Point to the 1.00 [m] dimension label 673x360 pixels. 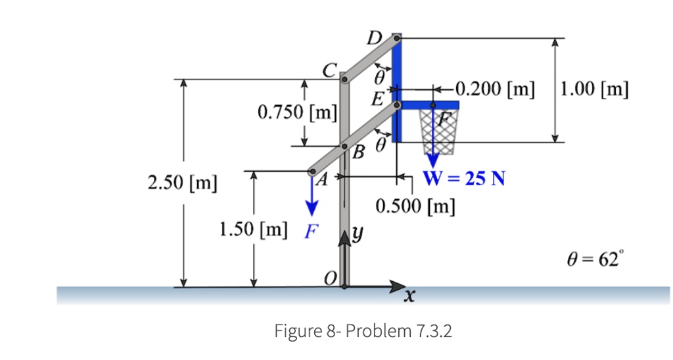(x=595, y=89)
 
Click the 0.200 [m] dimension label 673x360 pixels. (x=495, y=87)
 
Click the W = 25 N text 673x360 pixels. (x=464, y=178)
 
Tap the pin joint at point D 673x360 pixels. (x=397, y=39)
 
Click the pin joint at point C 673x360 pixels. (x=344, y=80)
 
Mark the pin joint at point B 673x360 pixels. (x=344, y=146)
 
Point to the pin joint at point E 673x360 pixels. (x=397, y=104)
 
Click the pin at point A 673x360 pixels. (x=313, y=172)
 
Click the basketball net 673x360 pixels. (x=437, y=131)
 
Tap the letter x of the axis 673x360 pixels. (x=409, y=299)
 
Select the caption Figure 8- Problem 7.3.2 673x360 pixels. (x=363, y=330)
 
